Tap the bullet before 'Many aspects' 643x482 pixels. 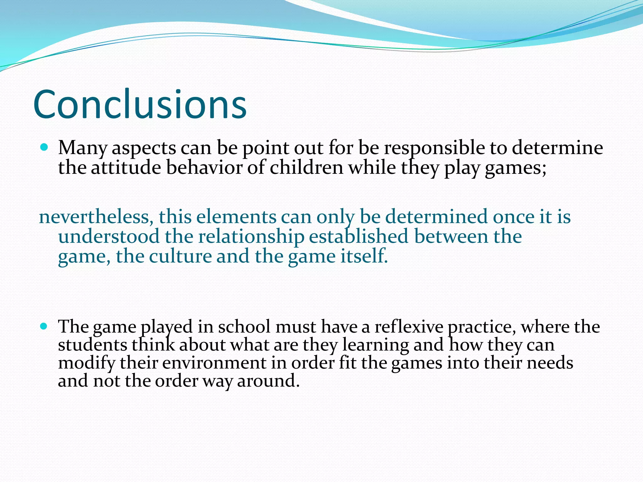pyautogui.click(x=44, y=147)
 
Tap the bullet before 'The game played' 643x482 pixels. pyautogui.click(x=44, y=326)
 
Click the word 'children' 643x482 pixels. pyautogui.click(x=306, y=167)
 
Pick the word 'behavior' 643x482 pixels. pyautogui.click(x=204, y=167)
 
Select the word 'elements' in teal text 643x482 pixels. pyautogui.click(x=236, y=217)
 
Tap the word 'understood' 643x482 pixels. pyautogui.click(x=109, y=236)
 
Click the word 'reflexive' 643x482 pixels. pyautogui.click(x=409, y=327)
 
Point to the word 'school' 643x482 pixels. pyautogui.click(x=244, y=327)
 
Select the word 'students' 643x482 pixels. pyautogui.click(x=92, y=345)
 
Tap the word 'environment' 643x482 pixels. pyautogui.click(x=214, y=363)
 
